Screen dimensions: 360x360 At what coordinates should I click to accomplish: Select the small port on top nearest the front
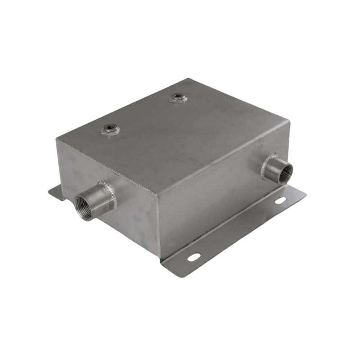[110, 130]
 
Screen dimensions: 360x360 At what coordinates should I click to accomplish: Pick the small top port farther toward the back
[178, 98]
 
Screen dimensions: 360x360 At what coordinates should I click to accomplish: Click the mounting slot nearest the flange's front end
[194, 257]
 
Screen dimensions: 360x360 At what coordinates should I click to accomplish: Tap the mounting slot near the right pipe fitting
[279, 201]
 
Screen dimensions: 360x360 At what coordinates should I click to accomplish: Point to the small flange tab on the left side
[55, 193]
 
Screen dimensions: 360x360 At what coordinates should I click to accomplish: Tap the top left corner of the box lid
[57, 139]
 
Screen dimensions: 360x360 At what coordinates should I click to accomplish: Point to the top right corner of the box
[288, 121]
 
